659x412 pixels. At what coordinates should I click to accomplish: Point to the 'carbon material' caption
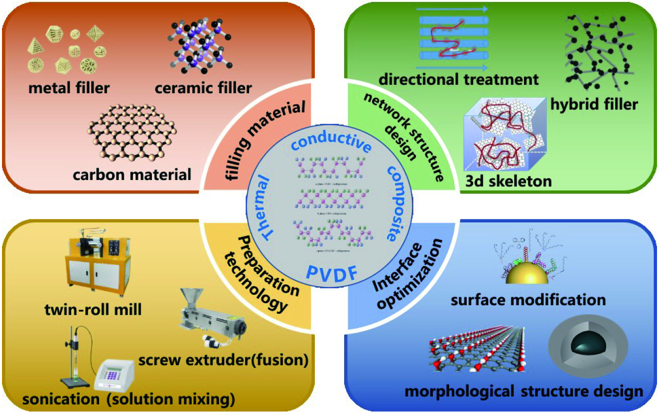132,175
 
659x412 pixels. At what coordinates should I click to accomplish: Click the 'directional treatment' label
458,79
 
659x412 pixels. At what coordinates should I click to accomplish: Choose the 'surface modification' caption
528,300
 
